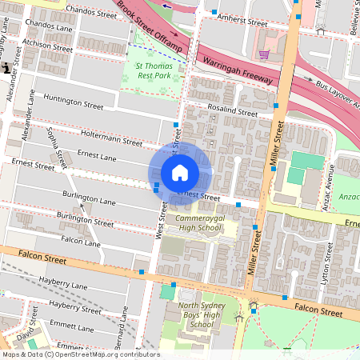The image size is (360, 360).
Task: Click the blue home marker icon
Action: [x=180, y=172]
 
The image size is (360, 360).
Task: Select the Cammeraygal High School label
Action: [x=198, y=222]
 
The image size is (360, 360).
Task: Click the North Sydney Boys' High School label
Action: [x=196, y=314]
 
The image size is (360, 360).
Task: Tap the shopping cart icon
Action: [x=264, y=54]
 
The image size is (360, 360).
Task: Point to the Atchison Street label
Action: [x=47, y=43]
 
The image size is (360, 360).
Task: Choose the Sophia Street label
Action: [x=55, y=148]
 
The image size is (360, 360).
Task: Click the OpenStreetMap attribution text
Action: [x=80, y=354]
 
